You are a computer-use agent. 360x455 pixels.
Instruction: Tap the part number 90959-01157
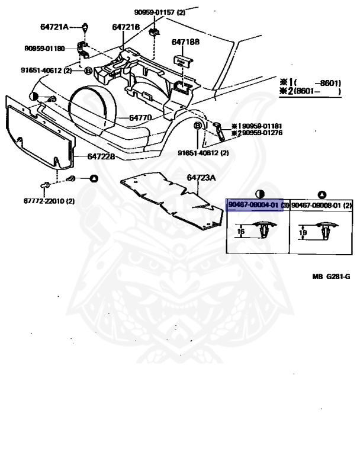[156, 12]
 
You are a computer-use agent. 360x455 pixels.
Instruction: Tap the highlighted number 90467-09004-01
[253, 205]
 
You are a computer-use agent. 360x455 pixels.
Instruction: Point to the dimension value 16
[240, 232]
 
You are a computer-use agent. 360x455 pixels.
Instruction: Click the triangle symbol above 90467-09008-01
[322, 194]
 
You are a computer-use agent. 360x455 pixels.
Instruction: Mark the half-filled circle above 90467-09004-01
[259, 194]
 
